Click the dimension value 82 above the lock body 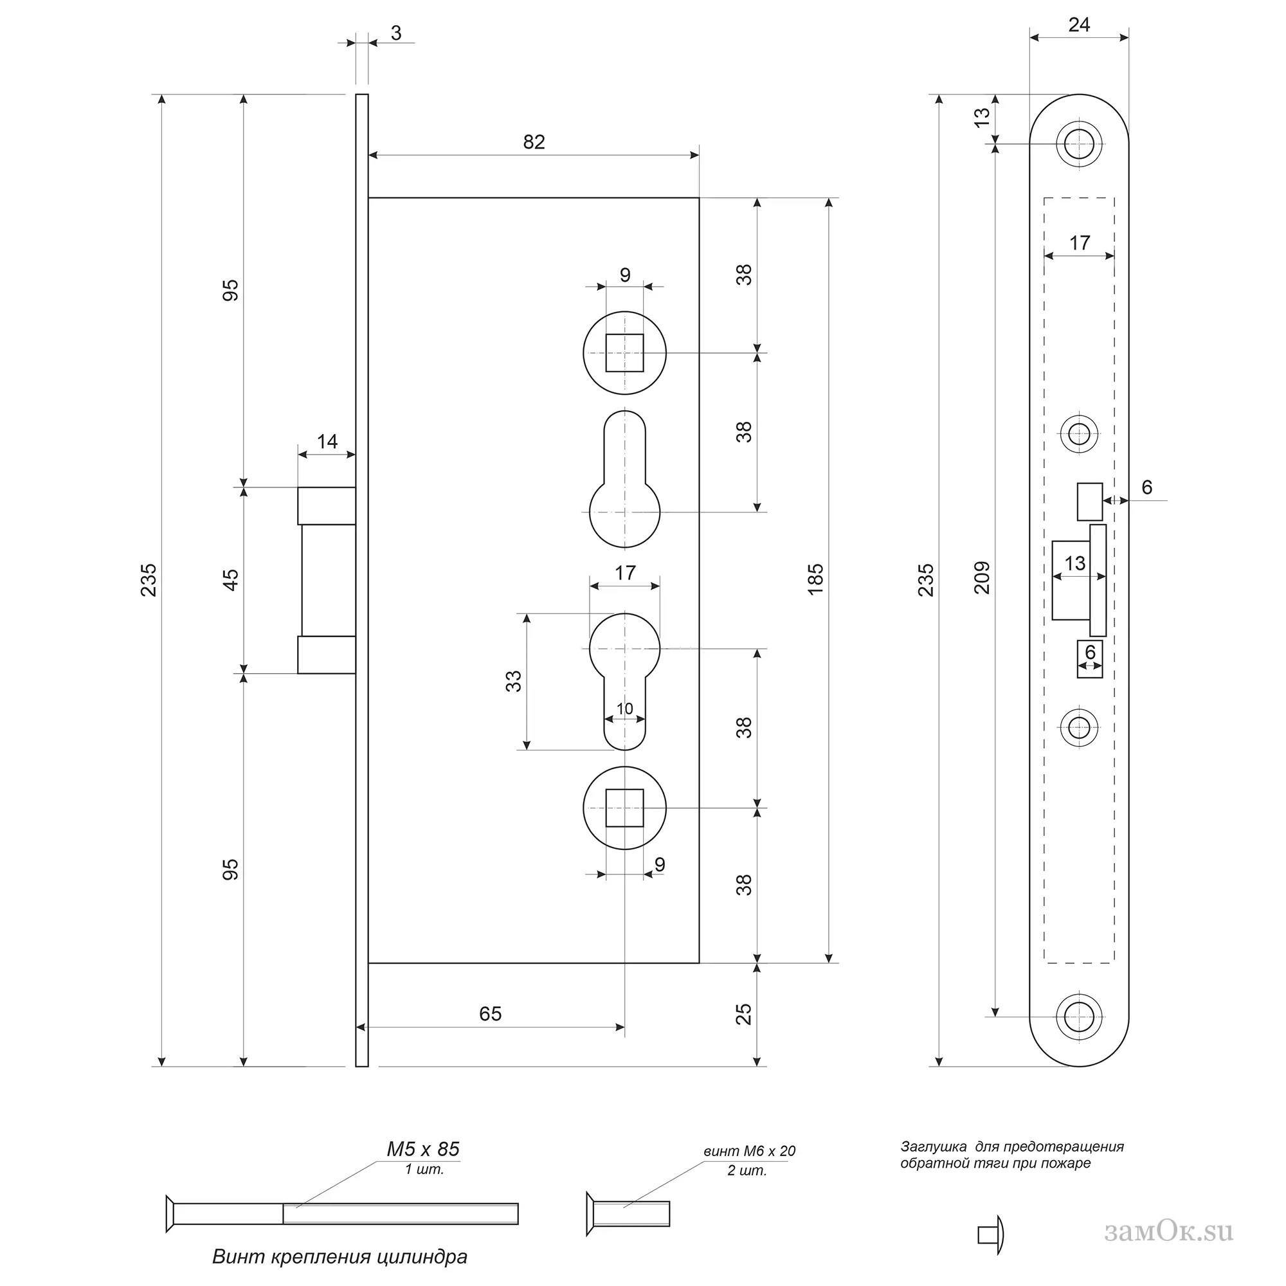click(x=533, y=141)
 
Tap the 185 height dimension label click(x=815, y=579)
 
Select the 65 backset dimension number click(x=490, y=1013)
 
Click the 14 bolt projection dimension click(x=327, y=441)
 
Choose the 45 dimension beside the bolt click(x=230, y=580)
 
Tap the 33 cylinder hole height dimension click(x=513, y=681)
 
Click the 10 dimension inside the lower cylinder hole click(x=624, y=709)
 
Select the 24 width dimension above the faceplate click(x=1079, y=24)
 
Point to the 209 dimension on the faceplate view click(x=983, y=578)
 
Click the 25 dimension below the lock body click(x=744, y=1014)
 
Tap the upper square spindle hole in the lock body click(x=624, y=352)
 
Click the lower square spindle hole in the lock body click(x=624, y=808)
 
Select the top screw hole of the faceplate click(x=1079, y=143)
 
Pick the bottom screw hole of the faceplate click(x=1079, y=1017)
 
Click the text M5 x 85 click(x=423, y=1149)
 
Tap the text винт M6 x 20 click(x=750, y=1151)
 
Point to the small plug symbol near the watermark click(x=990, y=1235)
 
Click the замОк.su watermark click(x=1168, y=1231)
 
